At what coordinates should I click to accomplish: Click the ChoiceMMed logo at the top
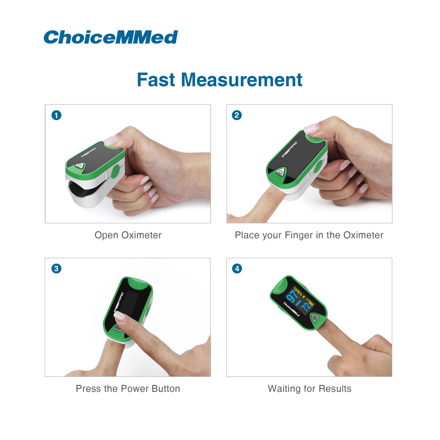[x=111, y=37]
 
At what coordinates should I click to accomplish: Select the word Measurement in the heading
[x=242, y=80]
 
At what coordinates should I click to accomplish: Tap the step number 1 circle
[x=56, y=115]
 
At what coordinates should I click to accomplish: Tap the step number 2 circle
[x=237, y=115]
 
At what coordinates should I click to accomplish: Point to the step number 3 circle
[x=56, y=269]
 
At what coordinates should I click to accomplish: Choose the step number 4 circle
[x=237, y=269]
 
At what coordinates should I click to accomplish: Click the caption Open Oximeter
[x=128, y=235]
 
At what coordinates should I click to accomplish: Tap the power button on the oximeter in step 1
[x=80, y=166]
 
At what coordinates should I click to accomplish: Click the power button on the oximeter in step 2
[x=280, y=172]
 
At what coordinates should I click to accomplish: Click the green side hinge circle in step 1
[x=115, y=171]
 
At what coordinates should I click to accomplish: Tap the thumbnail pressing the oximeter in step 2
[x=312, y=128]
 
